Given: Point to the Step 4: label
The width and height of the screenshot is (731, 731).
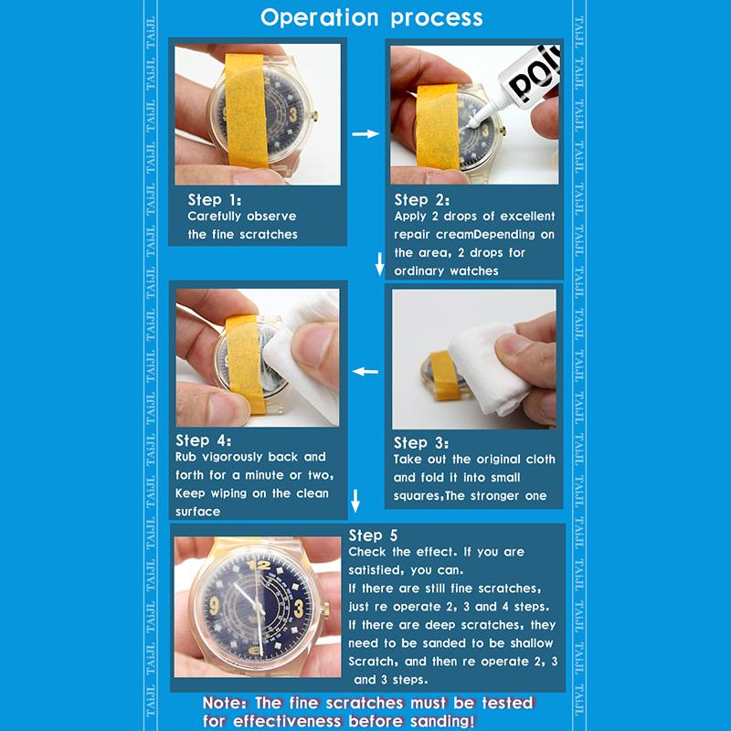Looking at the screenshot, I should pos(207,440).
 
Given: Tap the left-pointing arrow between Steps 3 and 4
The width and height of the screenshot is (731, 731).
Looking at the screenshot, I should pos(365,372).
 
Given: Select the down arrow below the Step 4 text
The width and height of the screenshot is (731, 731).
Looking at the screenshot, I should pos(356,501).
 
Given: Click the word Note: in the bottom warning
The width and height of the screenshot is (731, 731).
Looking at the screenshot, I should pos(230,705).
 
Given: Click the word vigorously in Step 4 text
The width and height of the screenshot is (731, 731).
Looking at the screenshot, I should pos(238,457).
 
